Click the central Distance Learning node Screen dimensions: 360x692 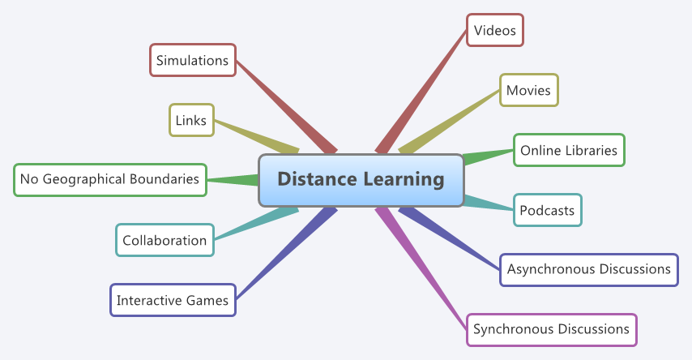click(x=361, y=179)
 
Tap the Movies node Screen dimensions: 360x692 click(x=528, y=90)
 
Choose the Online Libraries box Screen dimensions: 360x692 click(x=569, y=150)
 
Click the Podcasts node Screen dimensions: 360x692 click(x=547, y=211)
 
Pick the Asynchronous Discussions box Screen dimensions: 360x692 click(x=589, y=269)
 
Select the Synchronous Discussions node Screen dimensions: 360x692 click(x=551, y=329)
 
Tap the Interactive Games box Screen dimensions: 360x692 click(x=173, y=301)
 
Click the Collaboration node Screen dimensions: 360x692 click(x=164, y=240)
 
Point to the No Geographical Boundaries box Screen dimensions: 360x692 click(x=110, y=179)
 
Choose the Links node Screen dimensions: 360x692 click(x=191, y=120)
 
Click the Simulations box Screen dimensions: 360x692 click(x=193, y=60)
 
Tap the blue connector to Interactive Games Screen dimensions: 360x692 click(x=284, y=255)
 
